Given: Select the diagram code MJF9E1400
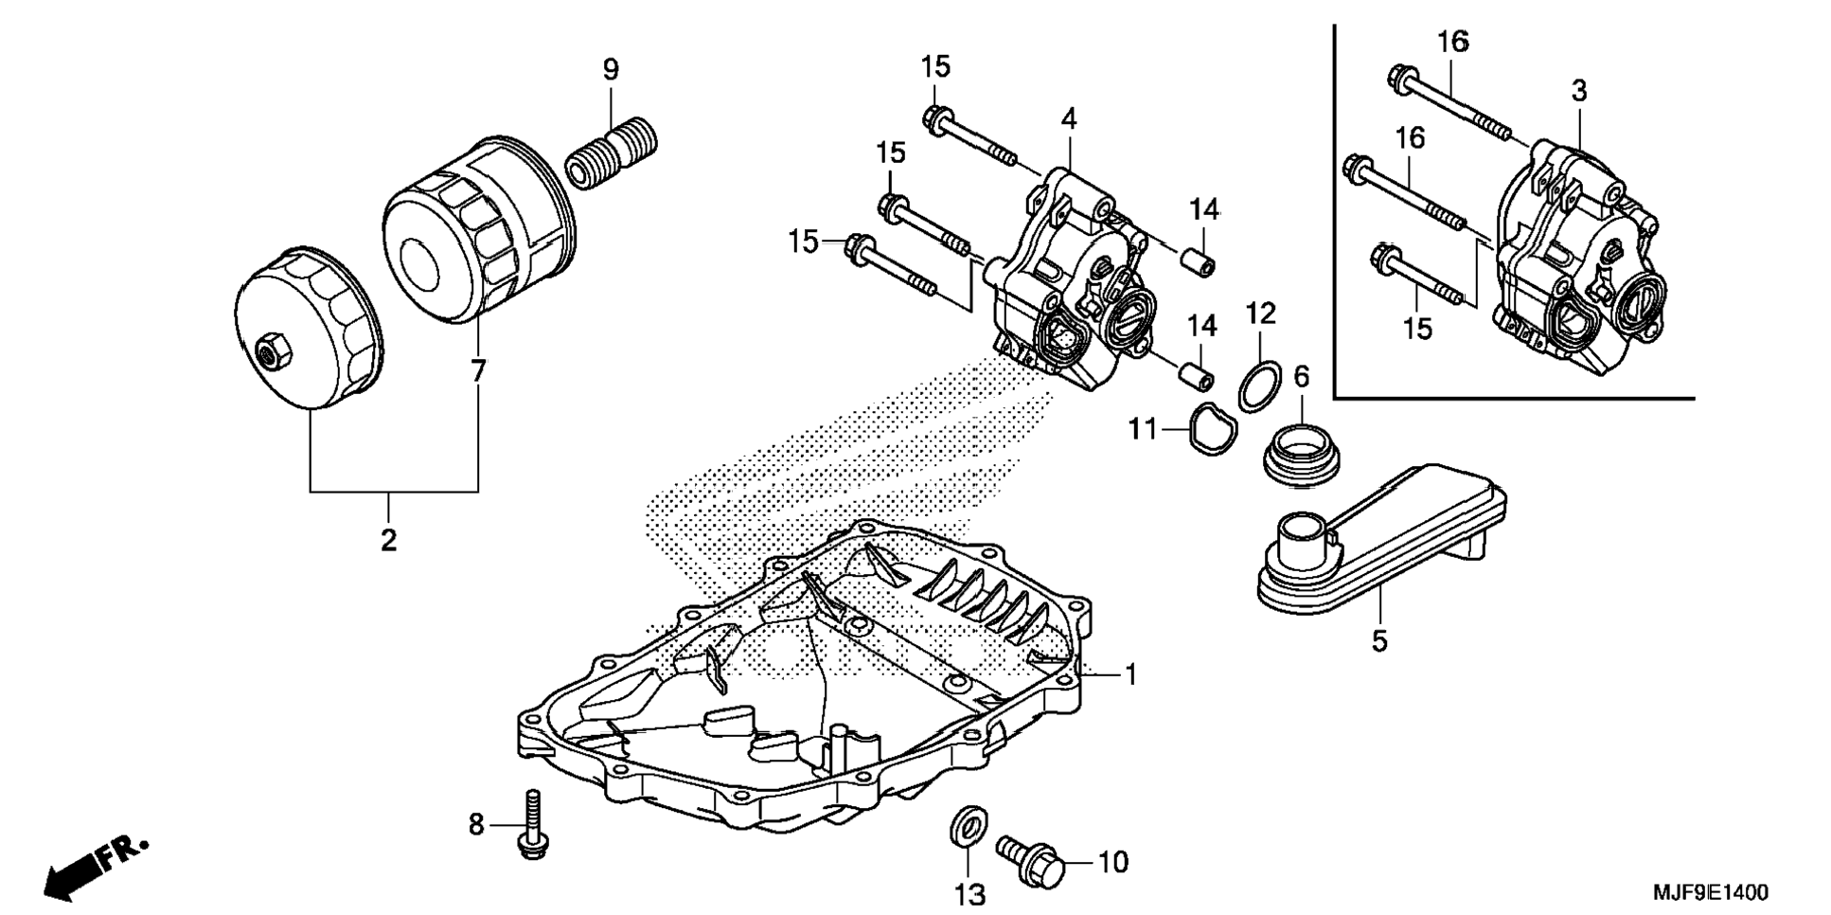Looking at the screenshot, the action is (x=1710, y=892).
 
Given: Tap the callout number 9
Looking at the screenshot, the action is (x=611, y=69).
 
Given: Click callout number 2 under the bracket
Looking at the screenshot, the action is (x=388, y=541).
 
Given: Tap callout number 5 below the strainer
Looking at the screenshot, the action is (x=1379, y=640).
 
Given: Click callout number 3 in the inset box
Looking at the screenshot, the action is (x=1578, y=91).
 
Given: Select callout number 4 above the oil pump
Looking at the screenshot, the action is (x=1069, y=119).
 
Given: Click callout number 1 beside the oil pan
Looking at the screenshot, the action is (x=1129, y=674).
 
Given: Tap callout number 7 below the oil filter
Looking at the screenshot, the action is (x=478, y=370).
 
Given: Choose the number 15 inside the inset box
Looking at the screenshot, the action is (x=1417, y=329).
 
